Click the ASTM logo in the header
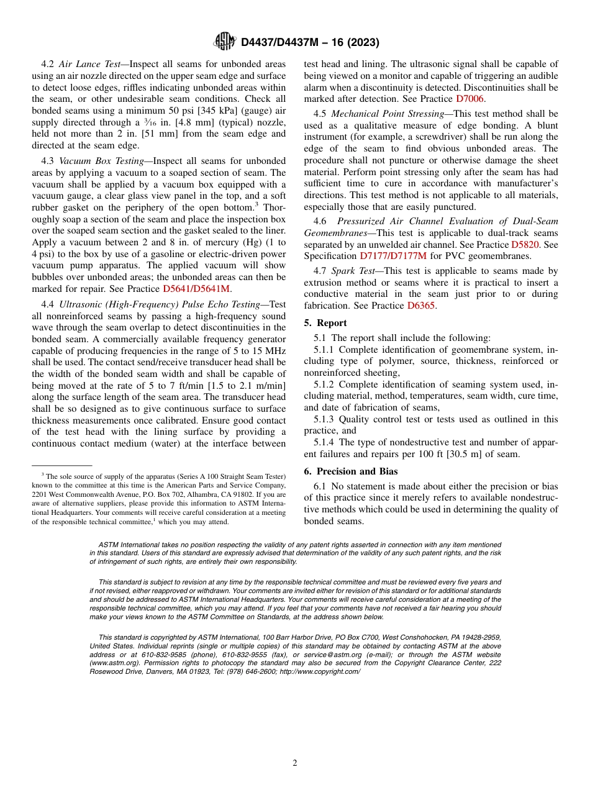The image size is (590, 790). pyautogui.click(x=225, y=42)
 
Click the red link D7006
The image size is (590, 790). pyautogui.click(x=471, y=99)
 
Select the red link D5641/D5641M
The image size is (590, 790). pyautogui.click(x=196, y=289)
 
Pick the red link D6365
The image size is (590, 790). pyautogui.click(x=420, y=306)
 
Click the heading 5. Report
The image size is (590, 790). pyautogui.click(x=325, y=323)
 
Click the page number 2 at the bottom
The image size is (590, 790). pyautogui.click(x=295, y=763)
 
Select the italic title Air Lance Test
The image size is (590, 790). pyautogui.click(x=86, y=64)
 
